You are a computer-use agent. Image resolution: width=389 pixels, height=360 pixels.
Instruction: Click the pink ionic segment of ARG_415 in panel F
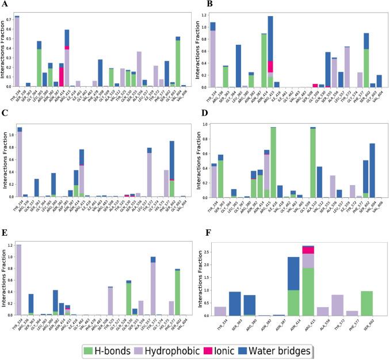(309, 250)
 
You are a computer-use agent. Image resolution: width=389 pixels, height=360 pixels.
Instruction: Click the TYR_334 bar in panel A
(17, 52)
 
